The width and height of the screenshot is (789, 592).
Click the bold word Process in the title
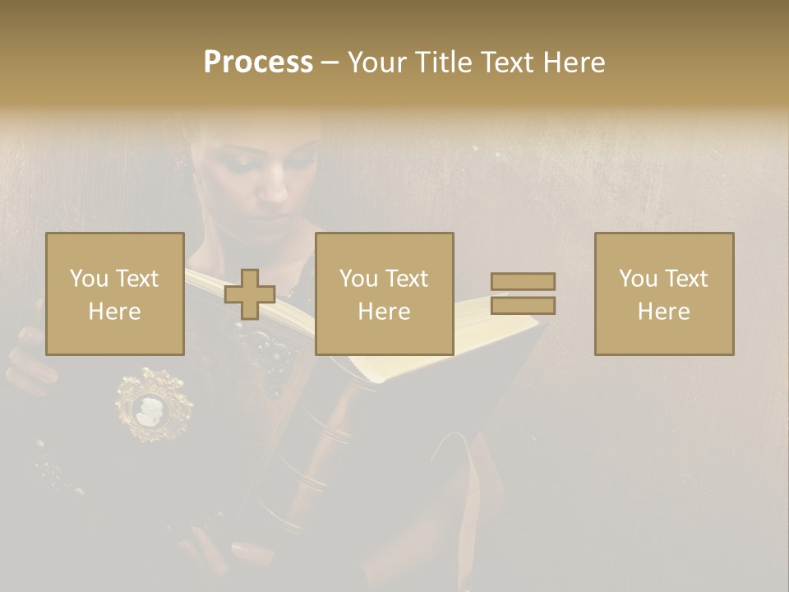coord(258,62)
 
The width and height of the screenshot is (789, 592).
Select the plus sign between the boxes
coord(250,294)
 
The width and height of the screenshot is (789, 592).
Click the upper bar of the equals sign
coord(523,282)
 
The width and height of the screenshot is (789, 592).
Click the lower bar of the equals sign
coord(523,306)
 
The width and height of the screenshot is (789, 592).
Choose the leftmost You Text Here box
coord(115,294)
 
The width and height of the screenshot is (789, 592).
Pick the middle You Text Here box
coord(385,294)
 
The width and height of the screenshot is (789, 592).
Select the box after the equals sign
coord(664,294)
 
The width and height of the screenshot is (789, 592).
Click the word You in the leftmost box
coord(88,279)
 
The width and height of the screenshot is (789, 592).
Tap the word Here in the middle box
coord(385,311)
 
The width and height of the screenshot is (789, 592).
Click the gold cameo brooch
coord(155,405)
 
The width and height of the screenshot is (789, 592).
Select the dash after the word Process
coord(330,62)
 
